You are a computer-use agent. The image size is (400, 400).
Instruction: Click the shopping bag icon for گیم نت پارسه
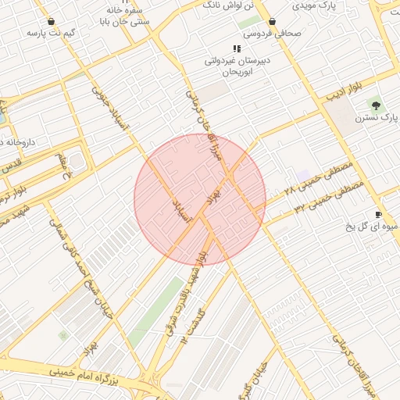[52, 22]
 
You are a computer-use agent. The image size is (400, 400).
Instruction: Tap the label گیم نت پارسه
[52, 34]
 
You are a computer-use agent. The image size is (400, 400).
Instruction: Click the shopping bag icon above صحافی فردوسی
[272, 22]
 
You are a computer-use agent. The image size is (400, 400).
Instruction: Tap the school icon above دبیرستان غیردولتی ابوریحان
[237, 48]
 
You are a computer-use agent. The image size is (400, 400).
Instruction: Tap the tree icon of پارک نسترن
[378, 105]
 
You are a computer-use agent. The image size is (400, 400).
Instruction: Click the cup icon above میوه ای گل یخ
[379, 214]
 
